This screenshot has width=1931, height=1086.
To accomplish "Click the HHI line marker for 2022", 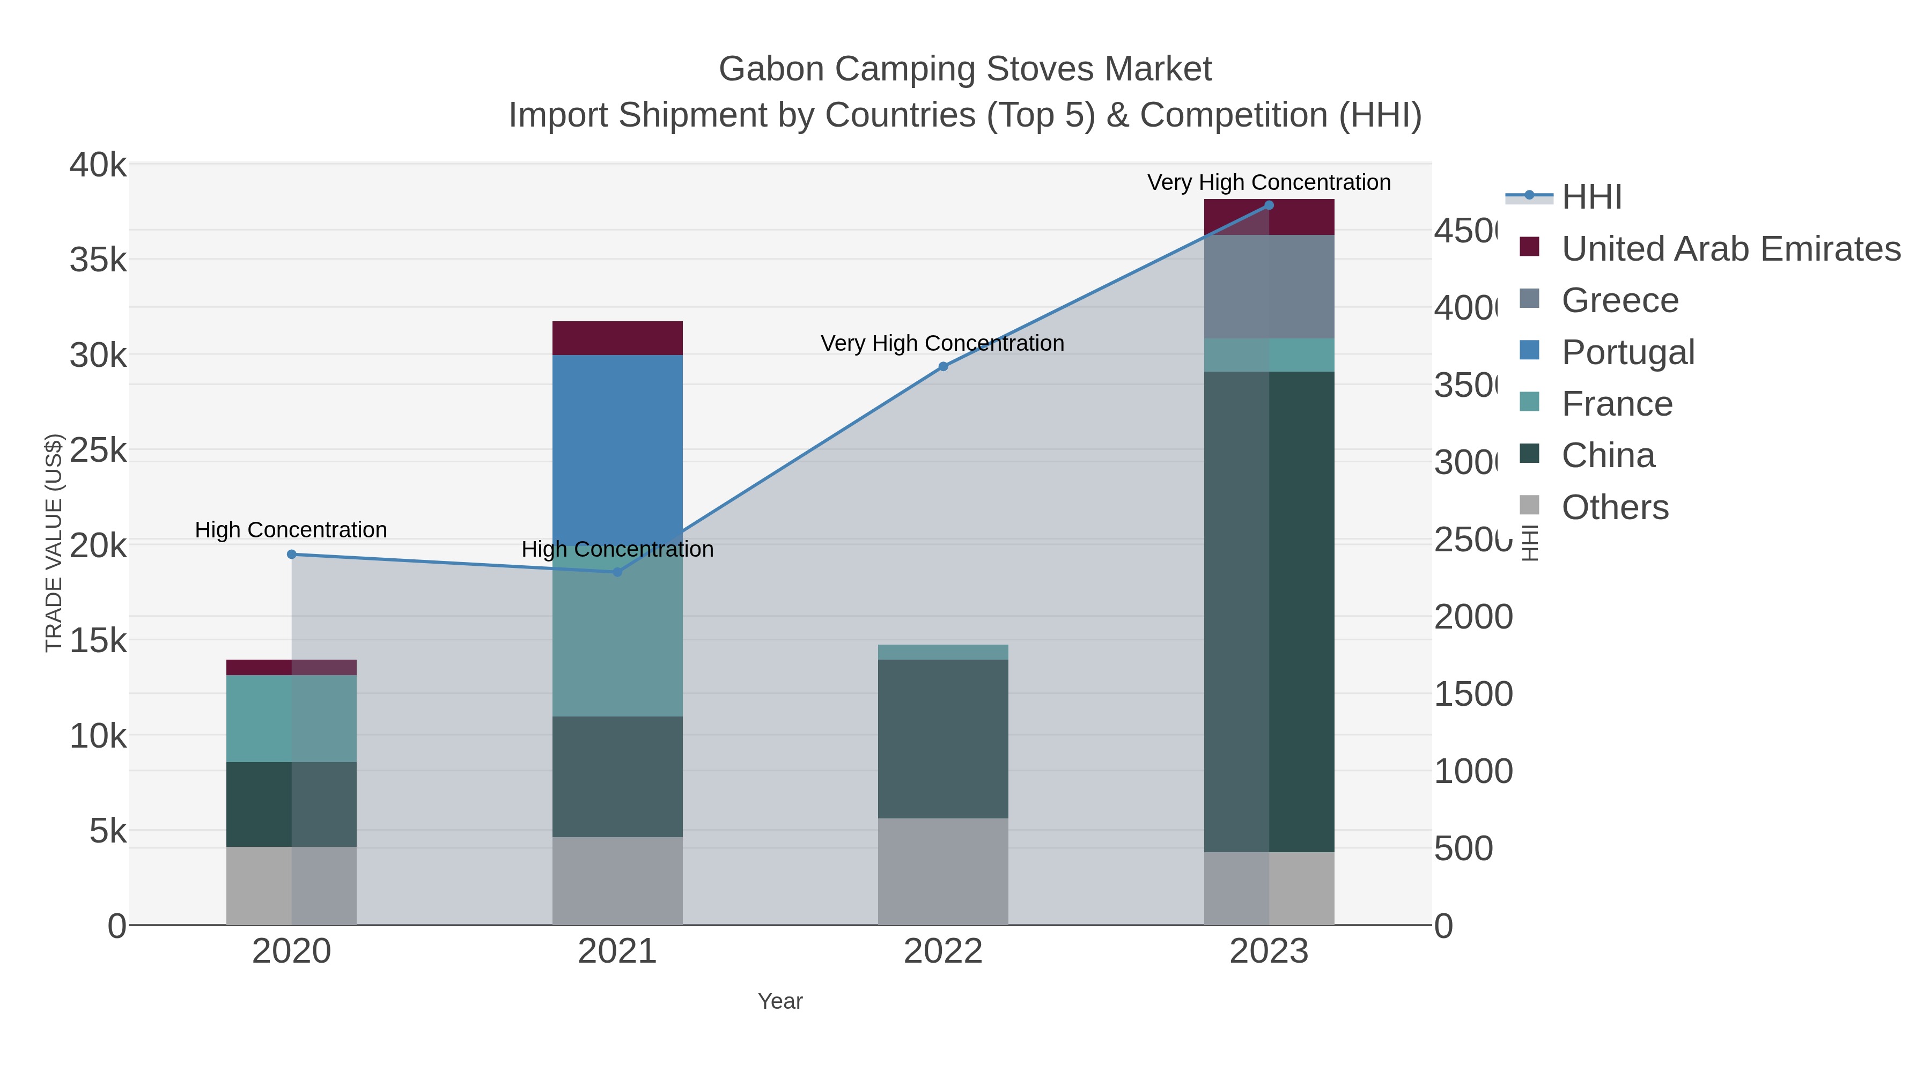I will (943, 366).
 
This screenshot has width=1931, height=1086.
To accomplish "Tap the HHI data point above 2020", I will (292, 555).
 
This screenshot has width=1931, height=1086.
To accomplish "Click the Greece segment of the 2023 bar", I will (1269, 286).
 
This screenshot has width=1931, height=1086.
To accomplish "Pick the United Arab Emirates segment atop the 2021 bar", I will (617, 338).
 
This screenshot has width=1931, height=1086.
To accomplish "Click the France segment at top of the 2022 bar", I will (943, 652).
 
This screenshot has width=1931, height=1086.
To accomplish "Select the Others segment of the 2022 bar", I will (943, 871).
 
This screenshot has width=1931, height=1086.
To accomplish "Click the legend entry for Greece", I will (1619, 300).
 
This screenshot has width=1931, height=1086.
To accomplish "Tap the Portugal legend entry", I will (1627, 352).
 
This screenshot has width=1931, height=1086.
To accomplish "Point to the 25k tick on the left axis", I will (98, 450).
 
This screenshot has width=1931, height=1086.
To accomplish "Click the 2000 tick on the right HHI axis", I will (1473, 617).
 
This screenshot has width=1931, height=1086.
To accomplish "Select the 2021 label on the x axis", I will (617, 951).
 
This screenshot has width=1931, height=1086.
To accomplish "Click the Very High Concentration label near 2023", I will (1269, 182).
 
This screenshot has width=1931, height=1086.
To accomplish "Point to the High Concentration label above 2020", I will (291, 530).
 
